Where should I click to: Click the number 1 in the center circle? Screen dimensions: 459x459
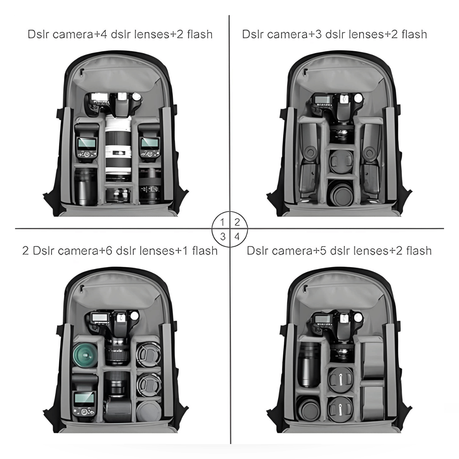pos(223,222)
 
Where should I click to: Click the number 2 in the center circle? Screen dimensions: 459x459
pos(237,222)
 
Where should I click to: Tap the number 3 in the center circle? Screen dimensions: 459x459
pos(223,236)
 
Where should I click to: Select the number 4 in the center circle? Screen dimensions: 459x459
pos(237,236)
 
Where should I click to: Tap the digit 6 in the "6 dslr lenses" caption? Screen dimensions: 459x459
pos(109,251)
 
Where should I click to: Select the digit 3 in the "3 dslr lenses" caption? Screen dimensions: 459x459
pos(318,34)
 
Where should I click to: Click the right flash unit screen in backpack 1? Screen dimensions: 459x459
pos(149,143)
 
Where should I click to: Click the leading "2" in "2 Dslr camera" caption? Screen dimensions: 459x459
pos(25,251)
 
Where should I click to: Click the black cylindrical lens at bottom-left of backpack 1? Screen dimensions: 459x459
pos(86,187)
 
